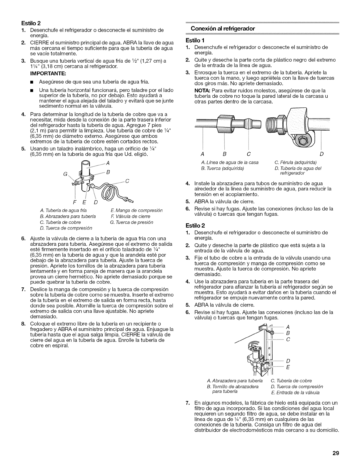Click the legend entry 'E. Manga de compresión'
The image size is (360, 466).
(136, 211)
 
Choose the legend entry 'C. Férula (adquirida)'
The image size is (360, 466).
(295, 162)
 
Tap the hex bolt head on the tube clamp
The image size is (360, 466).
(302, 141)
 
